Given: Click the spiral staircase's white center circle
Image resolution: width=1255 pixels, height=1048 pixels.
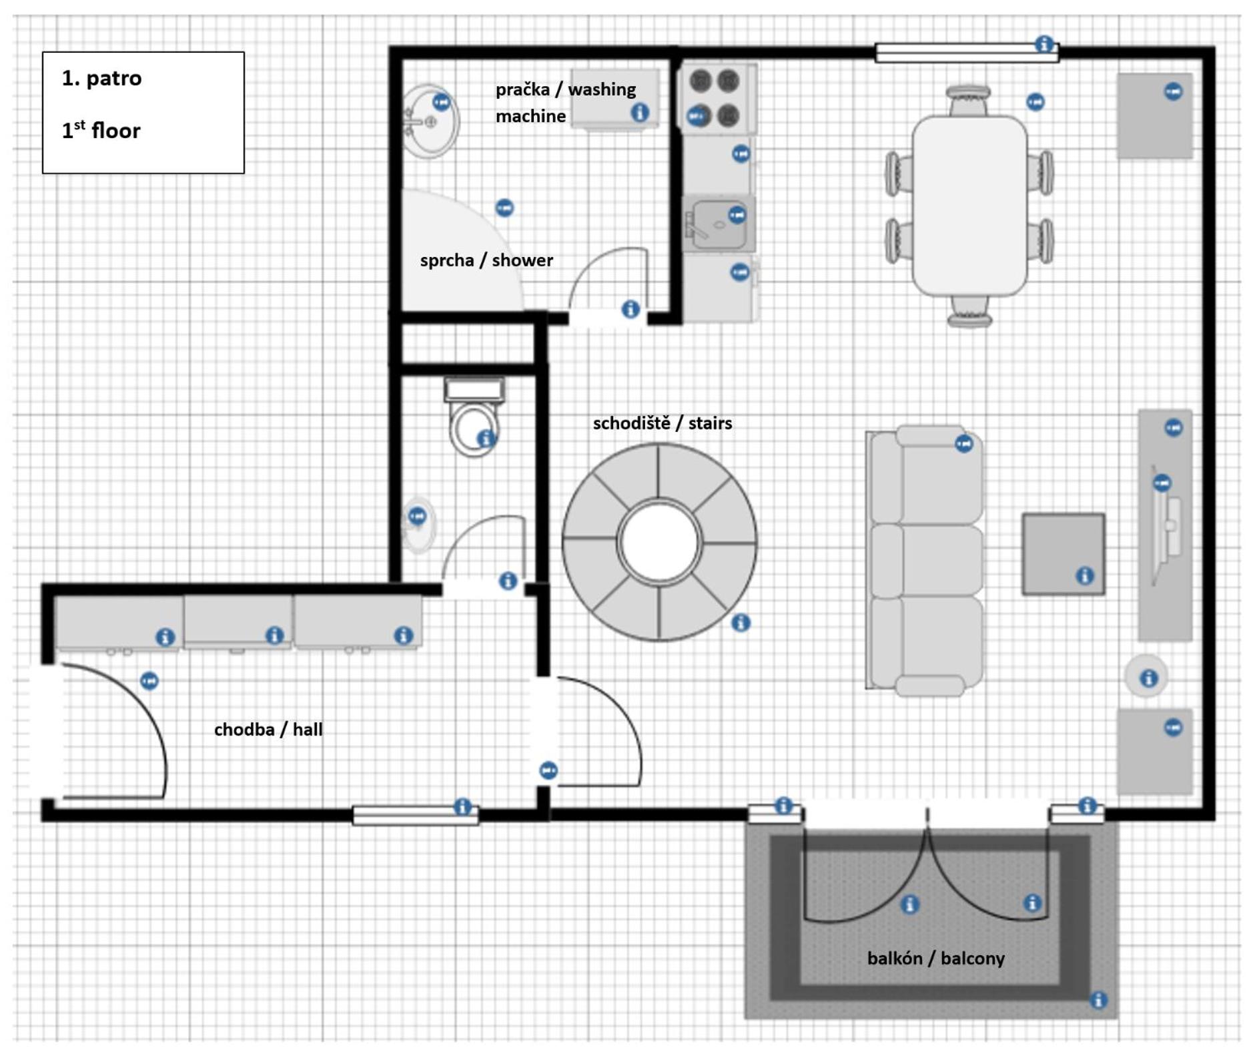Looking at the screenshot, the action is tap(659, 541).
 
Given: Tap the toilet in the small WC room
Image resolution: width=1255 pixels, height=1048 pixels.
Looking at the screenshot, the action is tap(474, 417).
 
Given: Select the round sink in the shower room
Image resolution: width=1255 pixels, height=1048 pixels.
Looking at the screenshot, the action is tap(430, 121).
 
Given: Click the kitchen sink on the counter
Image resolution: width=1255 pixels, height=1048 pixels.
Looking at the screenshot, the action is tap(719, 224).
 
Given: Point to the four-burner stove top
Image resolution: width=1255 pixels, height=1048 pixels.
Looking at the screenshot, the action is tap(718, 99).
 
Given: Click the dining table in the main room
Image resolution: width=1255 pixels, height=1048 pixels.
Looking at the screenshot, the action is tap(969, 205).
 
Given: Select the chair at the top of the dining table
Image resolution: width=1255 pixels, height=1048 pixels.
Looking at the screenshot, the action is tap(968, 101).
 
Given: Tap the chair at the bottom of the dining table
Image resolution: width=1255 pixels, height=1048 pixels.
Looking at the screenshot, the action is tap(969, 311).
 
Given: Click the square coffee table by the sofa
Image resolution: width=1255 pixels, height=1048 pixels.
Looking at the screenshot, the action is tap(1063, 553).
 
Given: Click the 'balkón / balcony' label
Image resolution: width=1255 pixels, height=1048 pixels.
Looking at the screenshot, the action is tap(935, 958).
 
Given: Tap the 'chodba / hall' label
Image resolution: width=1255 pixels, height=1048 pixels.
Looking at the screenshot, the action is tap(268, 729).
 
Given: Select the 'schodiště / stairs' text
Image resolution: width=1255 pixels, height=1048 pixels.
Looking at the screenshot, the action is tap(662, 423).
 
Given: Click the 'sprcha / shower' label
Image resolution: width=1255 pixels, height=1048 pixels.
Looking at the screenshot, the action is tap(486, 260).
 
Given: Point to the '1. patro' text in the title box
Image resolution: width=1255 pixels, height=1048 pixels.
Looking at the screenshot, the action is tap(101, 78).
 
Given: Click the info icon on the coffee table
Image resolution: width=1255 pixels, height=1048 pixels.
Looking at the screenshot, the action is tap(1085, 575).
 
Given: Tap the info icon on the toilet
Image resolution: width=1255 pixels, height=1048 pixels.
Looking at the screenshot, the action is tap(486, 439).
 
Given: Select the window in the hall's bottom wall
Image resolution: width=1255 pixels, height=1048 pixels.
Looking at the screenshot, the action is tap(415, 815).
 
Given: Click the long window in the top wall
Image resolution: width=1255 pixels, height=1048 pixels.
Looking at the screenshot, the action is tap(967, 53).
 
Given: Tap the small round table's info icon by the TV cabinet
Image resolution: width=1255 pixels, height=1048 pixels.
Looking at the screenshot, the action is tap(1148, 678).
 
